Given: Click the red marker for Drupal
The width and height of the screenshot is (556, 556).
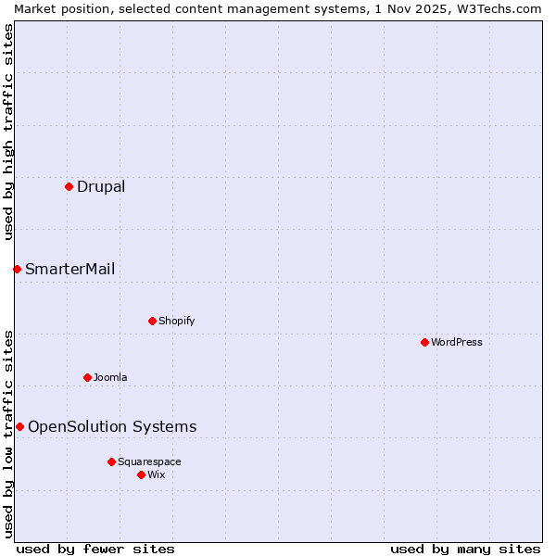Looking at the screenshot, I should pos(69,186).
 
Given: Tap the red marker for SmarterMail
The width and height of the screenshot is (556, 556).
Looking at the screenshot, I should pos(17,269).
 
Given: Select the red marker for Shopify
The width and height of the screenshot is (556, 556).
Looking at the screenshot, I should pos(152,321).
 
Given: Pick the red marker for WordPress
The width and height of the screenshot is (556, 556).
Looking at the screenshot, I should pos(424,342).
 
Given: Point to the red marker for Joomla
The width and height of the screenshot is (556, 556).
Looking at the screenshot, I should pos(87,377).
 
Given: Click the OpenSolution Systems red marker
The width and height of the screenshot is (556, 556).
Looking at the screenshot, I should pos(19,426).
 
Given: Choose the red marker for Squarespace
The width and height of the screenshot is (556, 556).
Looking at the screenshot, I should pos(111,461).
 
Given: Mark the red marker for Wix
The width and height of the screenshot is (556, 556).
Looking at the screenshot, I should pos(141,474).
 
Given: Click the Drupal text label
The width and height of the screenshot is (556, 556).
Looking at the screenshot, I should pos(101,186).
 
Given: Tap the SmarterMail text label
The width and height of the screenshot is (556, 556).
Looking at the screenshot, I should pos(70,269).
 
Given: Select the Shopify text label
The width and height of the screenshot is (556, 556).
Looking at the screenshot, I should pos(177,321).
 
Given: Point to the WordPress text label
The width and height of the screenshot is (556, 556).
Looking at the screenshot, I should pos(457,342).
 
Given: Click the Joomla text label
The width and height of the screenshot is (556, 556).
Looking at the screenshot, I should pos(110,377).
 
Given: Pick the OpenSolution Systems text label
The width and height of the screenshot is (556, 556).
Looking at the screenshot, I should pos(112,426).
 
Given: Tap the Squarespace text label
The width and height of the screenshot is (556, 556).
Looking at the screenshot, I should pos(149,461).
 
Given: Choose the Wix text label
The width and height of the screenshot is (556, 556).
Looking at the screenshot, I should pos(157,474).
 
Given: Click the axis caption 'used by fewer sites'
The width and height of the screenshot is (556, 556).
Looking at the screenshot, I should pos(95,549).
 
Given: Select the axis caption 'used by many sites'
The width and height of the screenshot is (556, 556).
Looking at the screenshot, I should pos(465,549).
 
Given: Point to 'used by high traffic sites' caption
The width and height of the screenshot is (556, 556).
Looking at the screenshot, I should pos(8,132).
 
